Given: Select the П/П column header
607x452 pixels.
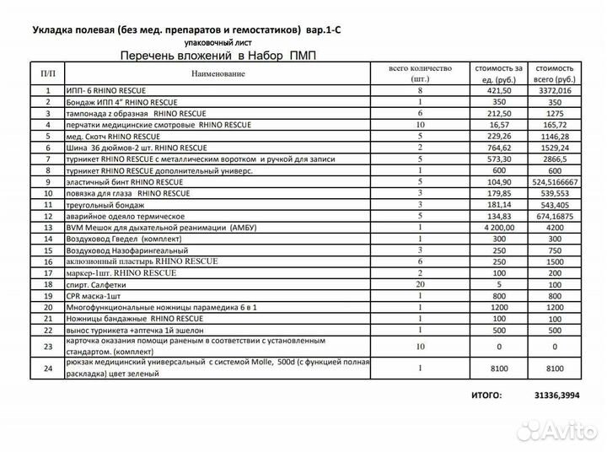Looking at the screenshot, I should pos(48,74).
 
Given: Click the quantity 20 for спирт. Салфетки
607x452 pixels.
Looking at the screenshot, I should pos(420,284).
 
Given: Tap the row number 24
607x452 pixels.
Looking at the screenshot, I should pos(48,368).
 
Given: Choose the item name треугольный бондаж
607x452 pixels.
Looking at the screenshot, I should pos(105,204).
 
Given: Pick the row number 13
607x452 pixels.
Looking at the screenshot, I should pos(48,227).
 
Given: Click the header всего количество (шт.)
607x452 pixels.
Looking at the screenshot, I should pos(420,73).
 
